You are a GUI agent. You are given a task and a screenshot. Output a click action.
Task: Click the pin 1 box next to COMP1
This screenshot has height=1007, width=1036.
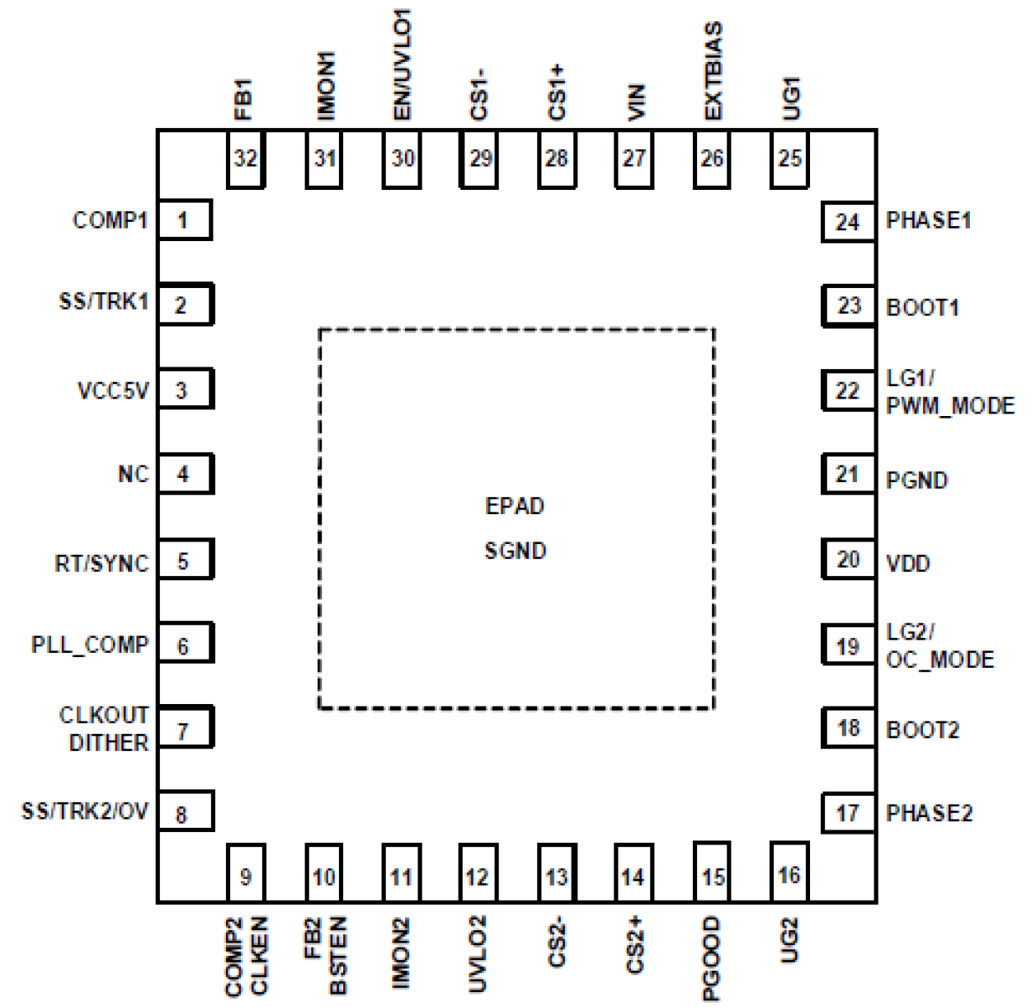tap(184, 220)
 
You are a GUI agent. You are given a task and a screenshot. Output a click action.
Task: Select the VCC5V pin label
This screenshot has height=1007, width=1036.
tap(113, 390)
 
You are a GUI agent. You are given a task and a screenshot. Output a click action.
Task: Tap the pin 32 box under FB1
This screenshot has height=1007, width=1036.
tap(245, 158)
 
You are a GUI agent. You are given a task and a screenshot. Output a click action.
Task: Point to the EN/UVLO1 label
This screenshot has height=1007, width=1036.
tap(402, 64)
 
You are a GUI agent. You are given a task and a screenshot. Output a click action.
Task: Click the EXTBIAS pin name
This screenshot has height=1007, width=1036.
tap(713, 71)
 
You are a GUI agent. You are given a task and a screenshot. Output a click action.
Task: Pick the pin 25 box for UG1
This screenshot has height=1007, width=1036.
tap(789, 158)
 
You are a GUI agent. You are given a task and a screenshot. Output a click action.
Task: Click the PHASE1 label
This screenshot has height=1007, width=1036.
tap(928, 220)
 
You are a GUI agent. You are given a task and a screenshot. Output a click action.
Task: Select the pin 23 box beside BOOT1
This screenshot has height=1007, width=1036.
tap(849, 306)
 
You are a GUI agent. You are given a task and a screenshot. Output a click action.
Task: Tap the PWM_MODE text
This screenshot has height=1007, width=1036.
tap(949, 406)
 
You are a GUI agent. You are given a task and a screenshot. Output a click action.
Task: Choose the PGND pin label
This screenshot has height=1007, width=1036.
tap(916, 480)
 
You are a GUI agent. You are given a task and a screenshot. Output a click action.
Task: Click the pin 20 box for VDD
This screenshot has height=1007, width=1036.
tap(849, 560)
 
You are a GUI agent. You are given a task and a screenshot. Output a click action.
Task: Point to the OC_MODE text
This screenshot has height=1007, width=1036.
tap(939, 660)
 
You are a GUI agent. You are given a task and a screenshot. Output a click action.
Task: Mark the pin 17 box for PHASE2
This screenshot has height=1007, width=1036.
tap(849, 813)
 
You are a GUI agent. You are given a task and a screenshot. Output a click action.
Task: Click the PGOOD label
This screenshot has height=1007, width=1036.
tap(711, 958)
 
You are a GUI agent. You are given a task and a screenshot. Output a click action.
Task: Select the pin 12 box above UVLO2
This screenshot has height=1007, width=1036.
tap(478, 876)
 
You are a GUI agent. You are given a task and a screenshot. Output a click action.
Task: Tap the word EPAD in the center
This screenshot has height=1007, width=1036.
tap(515, 506)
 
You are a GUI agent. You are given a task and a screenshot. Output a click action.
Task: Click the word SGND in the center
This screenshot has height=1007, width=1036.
tap(515, 551)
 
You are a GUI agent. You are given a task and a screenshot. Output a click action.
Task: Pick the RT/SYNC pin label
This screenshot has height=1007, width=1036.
tap(101, 564)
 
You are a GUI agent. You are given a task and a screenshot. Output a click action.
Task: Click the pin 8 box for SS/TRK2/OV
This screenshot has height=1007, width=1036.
tap(184, 813)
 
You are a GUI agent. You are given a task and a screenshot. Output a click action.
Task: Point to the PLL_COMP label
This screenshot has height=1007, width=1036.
tap(90, 645)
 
